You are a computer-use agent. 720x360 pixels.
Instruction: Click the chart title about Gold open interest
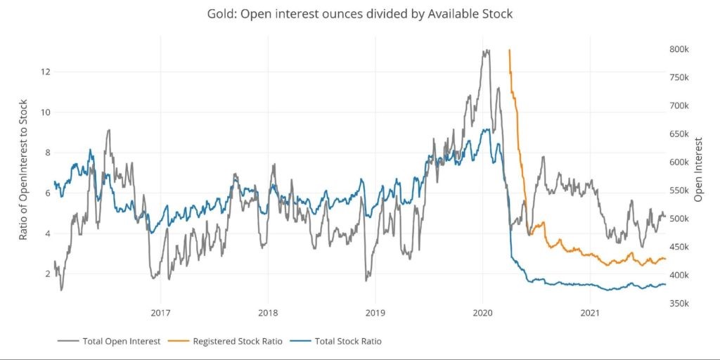[360, 14]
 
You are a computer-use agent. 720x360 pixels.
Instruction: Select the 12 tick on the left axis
[46, 72]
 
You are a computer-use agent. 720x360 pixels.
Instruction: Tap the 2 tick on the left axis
[49, 274]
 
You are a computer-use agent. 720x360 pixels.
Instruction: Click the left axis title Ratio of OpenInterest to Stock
[23, 169]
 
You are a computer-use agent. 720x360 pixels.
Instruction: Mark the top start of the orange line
[509, 50]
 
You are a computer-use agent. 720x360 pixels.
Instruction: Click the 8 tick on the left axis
[49, 153]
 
